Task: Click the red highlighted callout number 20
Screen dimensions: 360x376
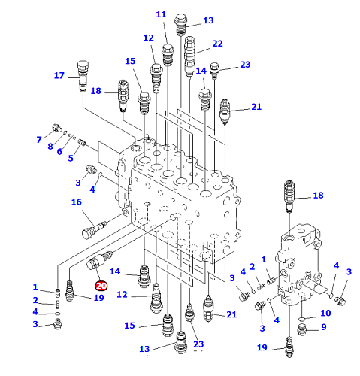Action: pyautogui.click(x=101, y=286)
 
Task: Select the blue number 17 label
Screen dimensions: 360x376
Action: pyautogui.click(x=59, y=75)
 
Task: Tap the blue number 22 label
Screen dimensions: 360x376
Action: pyautogui.click(x=217, y=44)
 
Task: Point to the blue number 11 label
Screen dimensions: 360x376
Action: pyautogui.click(x=161, y=14)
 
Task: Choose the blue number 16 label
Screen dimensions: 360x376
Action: pyautogui.click(x=77, y=202)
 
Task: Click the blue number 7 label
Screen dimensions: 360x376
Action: pyautogui.click(x=39, y=140)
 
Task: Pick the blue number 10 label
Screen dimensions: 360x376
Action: pyautogui.click(x=325, y=313)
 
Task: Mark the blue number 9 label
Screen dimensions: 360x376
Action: pyautogui.click(x=324, y=327)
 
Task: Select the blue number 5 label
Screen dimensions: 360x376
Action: pyautogui.click(x=71, y=158)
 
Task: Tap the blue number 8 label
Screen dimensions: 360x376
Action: pyautogui.click(x=50, y=146)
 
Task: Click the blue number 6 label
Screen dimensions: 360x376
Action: pyautogui.click(x=59, y=151)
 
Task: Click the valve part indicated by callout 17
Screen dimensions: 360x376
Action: pyautogui.click(x=83, y=76)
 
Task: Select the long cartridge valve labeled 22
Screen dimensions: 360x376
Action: pyautogui.click(x=189, y=56)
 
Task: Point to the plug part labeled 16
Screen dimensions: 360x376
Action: pyautogui.click(x=95, y=229)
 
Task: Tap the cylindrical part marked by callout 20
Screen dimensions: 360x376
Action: pyautogui.click(x=100, y=261)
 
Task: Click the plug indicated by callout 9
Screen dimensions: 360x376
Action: pyautogui.click(x=302, y=329)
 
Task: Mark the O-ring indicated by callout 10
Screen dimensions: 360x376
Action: pyautogui.click(x=302, y=319)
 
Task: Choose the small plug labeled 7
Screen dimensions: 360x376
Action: pyautogui.click(x=57, y=128)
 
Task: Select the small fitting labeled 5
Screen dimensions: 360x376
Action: pyautogui.click(x=82, y=142)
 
